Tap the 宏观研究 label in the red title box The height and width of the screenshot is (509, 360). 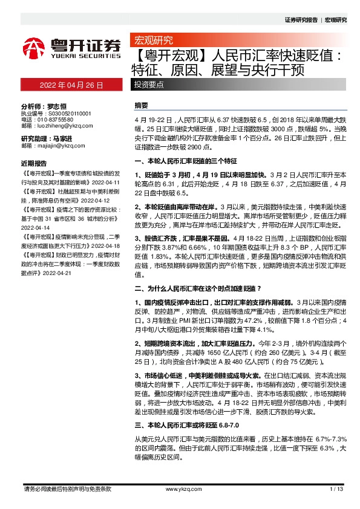pyautogui.click(x=151, y=41)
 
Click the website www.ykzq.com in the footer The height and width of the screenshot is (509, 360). pyautogui.click(x=180, y=489)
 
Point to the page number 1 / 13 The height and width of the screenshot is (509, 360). pyautogui.click(x=337, y=489)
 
